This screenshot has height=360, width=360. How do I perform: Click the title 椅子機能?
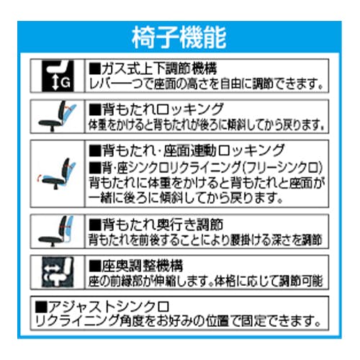click(179, 37)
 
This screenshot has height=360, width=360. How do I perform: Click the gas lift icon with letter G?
click(58, 76)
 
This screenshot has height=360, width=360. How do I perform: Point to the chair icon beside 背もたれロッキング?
click(58, 117)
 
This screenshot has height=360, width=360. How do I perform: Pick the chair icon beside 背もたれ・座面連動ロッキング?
click(57, 174)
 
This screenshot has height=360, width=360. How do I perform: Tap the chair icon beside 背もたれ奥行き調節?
click(57, 231)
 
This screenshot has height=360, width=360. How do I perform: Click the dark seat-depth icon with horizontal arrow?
click(58, 272)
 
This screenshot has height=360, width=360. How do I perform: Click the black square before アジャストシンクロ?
click(41, 307)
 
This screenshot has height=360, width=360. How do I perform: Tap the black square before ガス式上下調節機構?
click(95, 69)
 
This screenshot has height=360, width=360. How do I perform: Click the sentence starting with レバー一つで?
click(207, 84)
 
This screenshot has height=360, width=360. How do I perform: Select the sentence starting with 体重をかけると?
click(207, 125)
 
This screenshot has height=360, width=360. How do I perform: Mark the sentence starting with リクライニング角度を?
click(178, 320)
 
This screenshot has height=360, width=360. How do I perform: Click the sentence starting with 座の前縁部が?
click(206, 281)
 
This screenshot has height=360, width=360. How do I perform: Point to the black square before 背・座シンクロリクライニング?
click(95, 168)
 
